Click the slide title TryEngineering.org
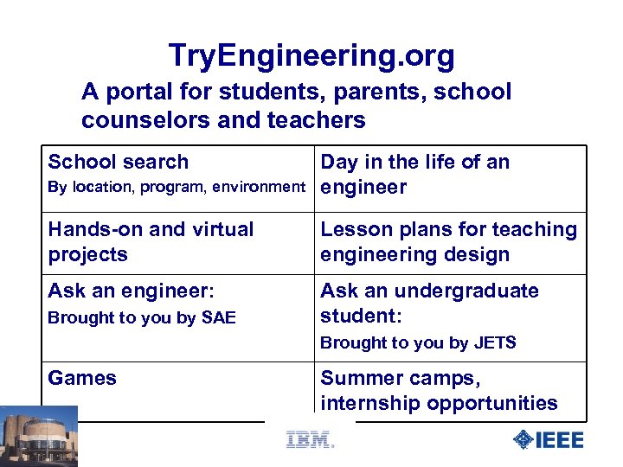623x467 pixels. click(311, 56)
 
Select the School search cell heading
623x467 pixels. click(118, 162)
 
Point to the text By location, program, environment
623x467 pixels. click(177, 187)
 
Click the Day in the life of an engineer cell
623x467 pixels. click(414, 174)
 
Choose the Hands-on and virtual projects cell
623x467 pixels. click(151, 241)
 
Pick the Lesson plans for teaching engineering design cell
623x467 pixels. click(448, 241)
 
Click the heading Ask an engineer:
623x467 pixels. click(131, 291)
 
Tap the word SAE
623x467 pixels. click(218, 317)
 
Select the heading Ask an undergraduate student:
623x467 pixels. click(429, 302)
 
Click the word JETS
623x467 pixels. click(495, 342)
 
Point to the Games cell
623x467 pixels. click(82, 378)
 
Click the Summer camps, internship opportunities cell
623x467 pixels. click(439, 390)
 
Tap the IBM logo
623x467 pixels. click(309, 439)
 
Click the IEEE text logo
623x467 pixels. click(560, 439)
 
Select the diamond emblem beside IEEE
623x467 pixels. click(523, 439)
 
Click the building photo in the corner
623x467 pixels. click(39, 436)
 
